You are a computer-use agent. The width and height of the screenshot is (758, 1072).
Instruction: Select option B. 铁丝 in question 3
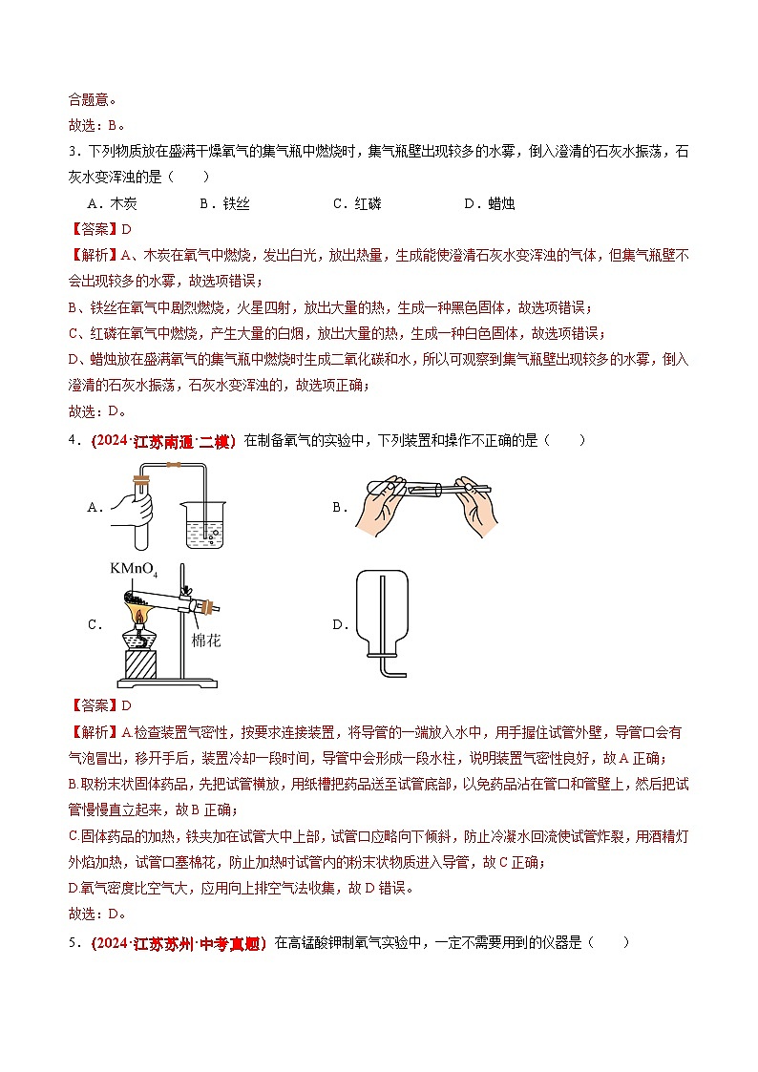click(223, 203)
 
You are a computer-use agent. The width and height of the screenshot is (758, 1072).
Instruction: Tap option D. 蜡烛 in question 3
click(489, 203)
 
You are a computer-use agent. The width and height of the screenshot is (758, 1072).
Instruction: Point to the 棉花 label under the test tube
click(204, 641)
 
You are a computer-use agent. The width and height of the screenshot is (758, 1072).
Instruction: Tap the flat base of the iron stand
click(172, 682)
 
